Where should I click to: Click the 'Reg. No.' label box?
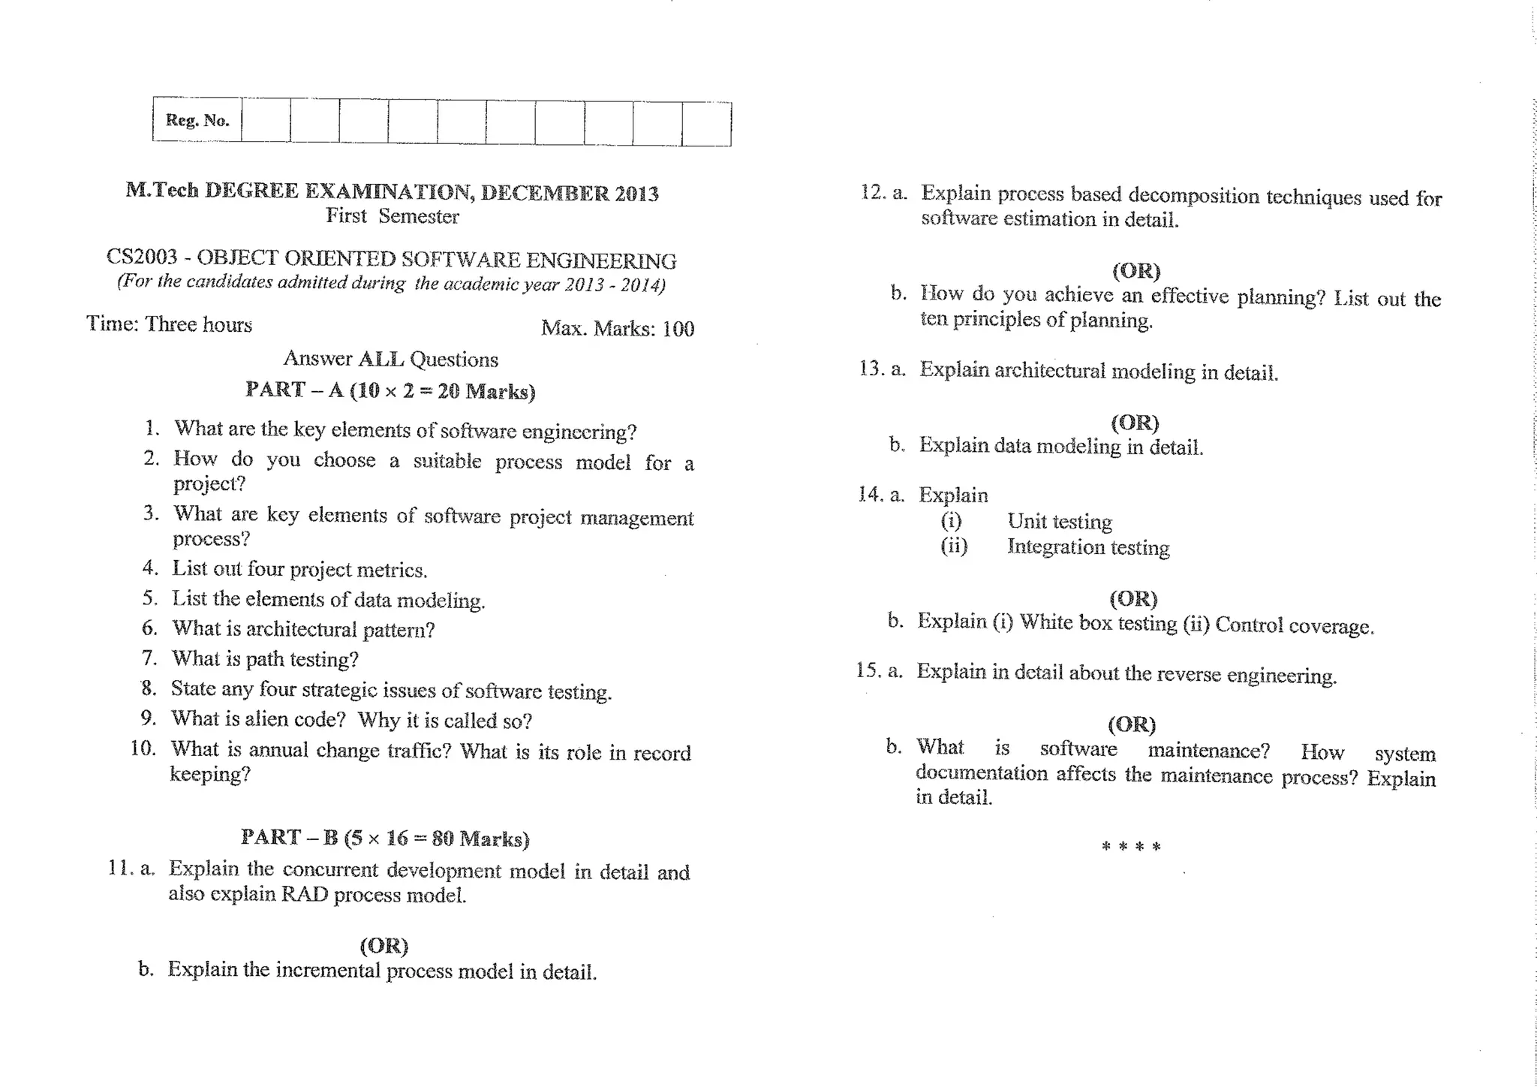pyautogui.click(x=197, y=120)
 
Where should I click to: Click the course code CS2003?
pyautogui.click(x=142, y=257)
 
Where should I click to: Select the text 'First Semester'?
pyautogui.click(x=392, y=216)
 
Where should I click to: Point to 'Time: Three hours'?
pyautogui.click(x=170, y=324)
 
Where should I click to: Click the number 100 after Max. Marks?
pyautogui.click(x=678, y=329)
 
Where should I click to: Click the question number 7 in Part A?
pyautogui.click(x=149, y=658)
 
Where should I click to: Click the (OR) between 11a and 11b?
pyautogui.click(x=383, y=945)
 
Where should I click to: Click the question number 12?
pyautogui.click(x=872, y=192)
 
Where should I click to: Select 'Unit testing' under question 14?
pyautogui.click(x=1060, y=521)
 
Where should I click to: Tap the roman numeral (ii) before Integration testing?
pyautogui.click(x=954, y=546)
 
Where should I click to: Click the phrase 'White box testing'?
pyautogui.click(x=1098, y=623)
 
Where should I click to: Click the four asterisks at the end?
pyautogui.click(x=1131, y=847)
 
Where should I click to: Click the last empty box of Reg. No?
pyautogui.click(x=706, y=124)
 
